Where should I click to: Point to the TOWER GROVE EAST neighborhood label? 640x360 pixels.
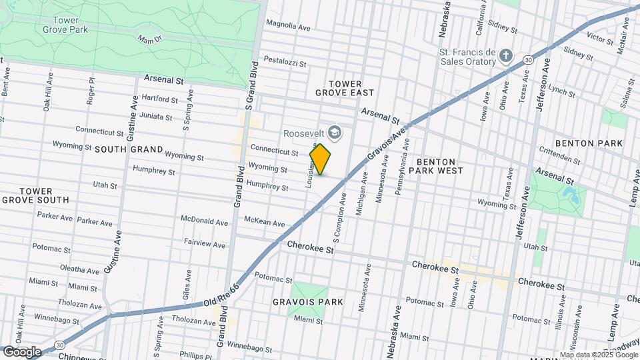[x=345, y=87]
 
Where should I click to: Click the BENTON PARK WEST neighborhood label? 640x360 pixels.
[x=436, y=166]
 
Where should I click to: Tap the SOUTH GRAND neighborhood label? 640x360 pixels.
[x=128, y=149]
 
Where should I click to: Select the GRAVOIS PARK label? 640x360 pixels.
[x=307, y=302]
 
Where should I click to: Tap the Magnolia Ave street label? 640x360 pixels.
[x=289, y=27]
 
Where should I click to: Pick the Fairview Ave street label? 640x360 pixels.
[x=207, y=244]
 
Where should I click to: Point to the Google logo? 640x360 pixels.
[x=22, y=351]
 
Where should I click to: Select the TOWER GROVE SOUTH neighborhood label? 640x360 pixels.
[x=35, y=195]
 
